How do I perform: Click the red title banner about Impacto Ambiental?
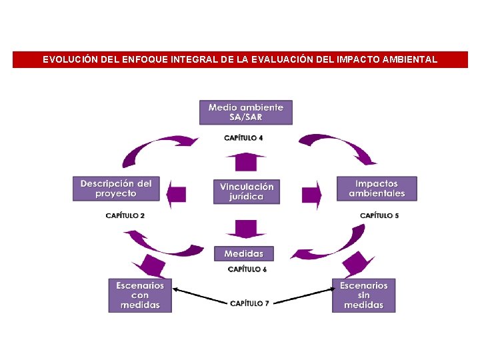click(x=240, y=59)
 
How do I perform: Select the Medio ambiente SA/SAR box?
click(x=245, y=112)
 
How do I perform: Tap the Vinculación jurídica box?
click(x=246, y=191)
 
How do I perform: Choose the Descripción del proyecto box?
click(x=116, y=189)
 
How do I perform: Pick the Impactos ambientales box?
click(x=376, y=189)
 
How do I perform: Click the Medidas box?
click(x=243, y=254)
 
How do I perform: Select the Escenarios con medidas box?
click(x=140, y=295)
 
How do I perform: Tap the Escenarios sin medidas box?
click(x=363, y=295)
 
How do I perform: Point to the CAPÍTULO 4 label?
click(x=243, y=138)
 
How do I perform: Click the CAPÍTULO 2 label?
click(x=125, y=215)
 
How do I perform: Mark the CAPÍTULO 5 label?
click(x=379, y=215)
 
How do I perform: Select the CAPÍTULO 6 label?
click(x=247, y=269)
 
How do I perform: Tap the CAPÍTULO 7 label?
click(x=249, y=303)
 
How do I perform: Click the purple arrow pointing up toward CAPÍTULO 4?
click(x=245, y=161)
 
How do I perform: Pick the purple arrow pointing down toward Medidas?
click(x=245, y=229)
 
